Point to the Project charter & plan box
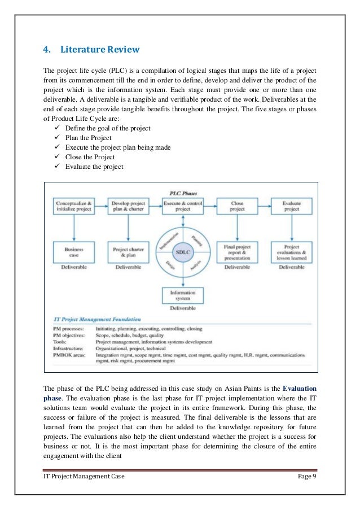(x=129, y=251)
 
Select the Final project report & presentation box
(x=238, y=251)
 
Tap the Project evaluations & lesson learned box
(x=291, y=251)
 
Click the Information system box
(x=183, y=295)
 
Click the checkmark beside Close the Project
(x=54, y=157)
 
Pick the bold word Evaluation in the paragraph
(x=300, y=389)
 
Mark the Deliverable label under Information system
(x=183, y=308)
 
